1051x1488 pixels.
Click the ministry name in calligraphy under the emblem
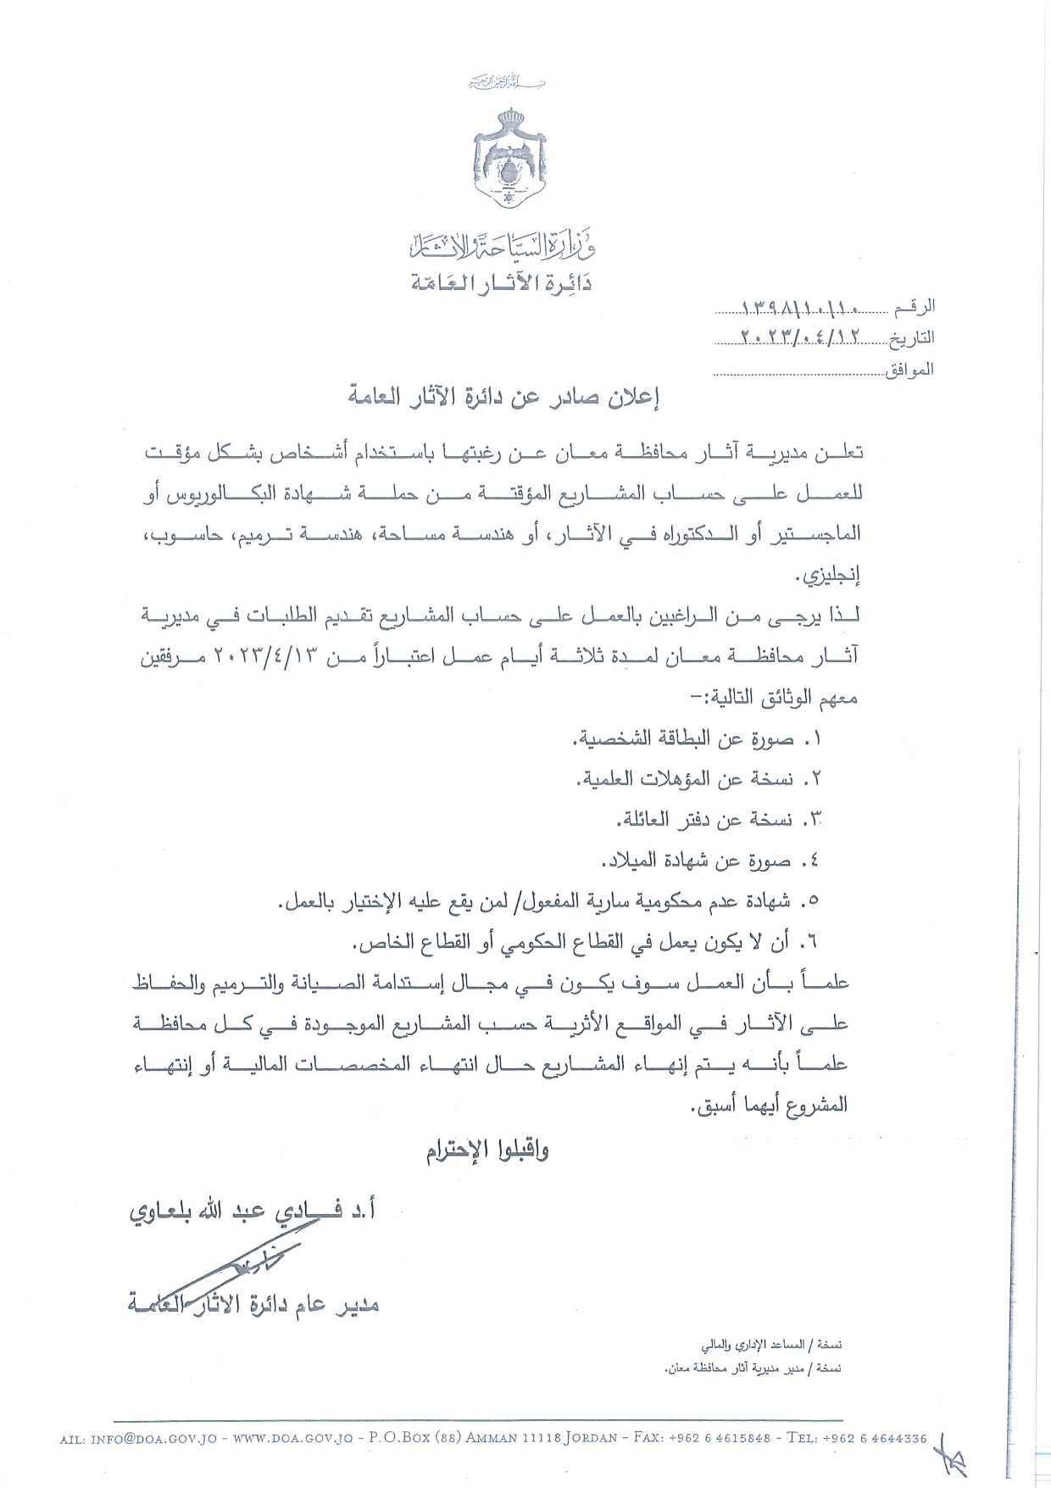(x=502, y=245)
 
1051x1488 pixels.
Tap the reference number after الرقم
(x=800, y=306)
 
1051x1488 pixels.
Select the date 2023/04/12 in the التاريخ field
(x=800, y=337)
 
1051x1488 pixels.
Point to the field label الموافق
(x=909, y=370)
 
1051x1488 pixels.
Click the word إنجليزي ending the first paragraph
(x=828, y=577)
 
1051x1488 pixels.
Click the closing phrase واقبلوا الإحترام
(x=487, y=1151)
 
